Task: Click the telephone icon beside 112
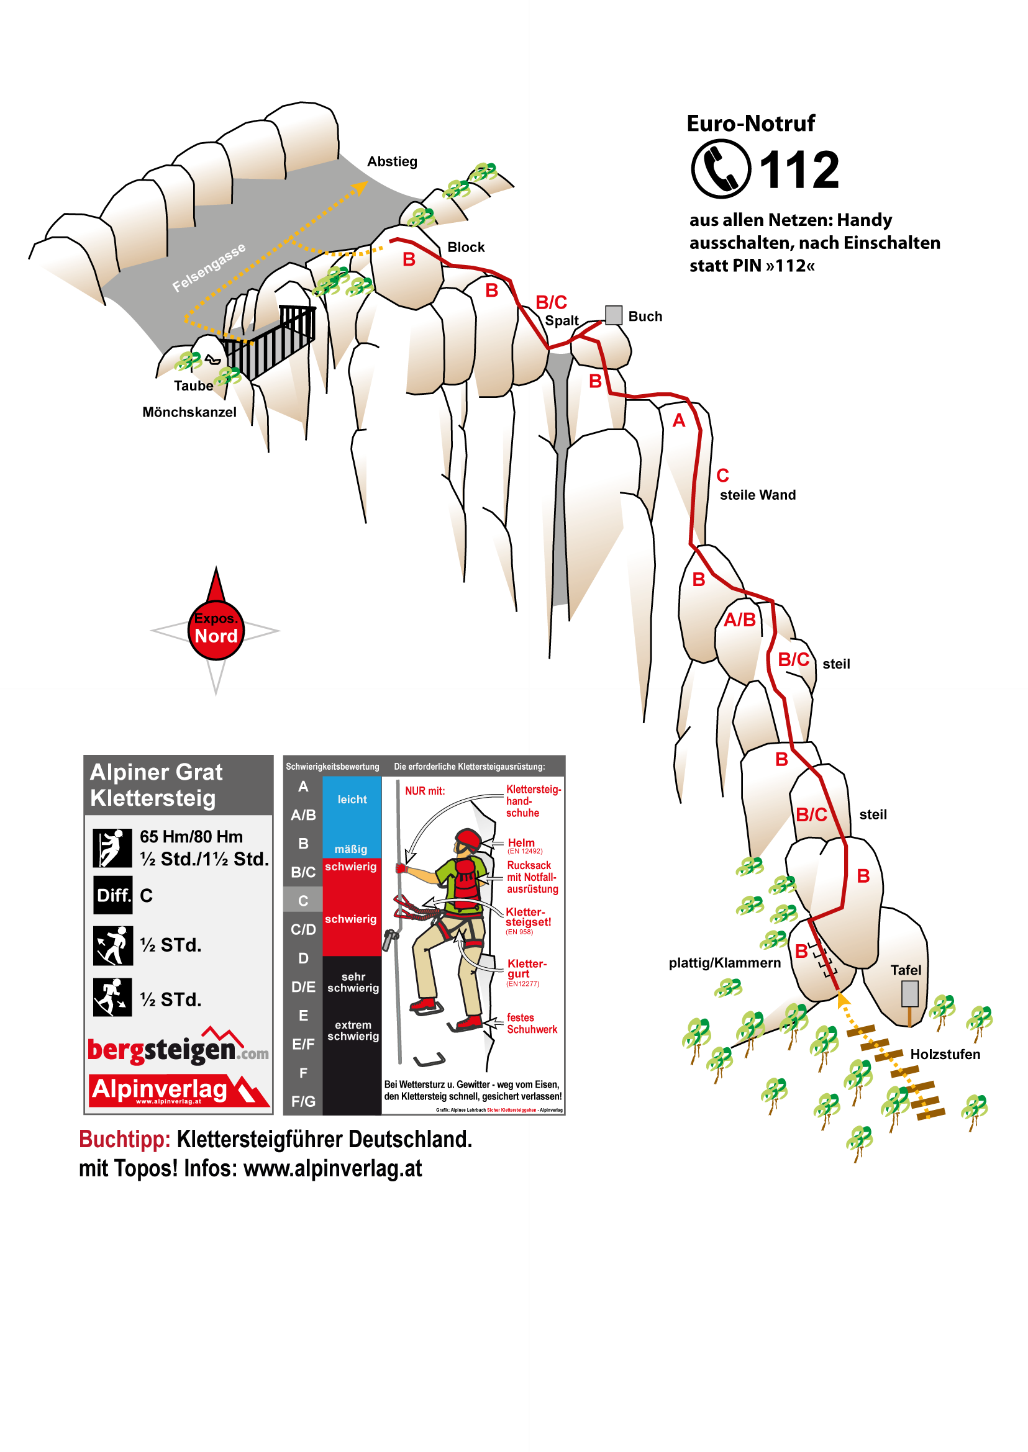tap(721, 169)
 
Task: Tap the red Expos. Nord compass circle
tap(216, 630)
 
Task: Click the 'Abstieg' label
tap(392, 161)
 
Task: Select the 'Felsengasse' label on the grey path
tap(208, 268)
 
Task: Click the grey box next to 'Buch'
tap(613, 315)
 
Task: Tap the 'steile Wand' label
tap(757, 495)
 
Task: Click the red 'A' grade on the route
tap(678, 421)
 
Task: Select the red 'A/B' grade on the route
tap(739, 620)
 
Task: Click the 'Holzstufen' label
tap(944, 1054)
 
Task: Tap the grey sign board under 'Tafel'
tap(909, 994)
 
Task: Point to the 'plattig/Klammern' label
tap(724, 963)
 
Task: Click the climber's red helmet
tap(468, 839)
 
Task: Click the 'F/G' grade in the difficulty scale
tap(303, 1101)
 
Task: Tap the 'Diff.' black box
tap(113, 895)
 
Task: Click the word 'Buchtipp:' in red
tap(125, 1140)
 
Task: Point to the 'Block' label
tap(466, 247)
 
